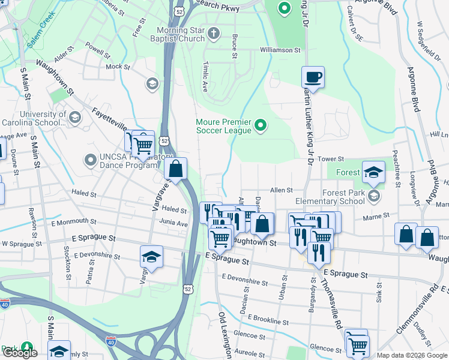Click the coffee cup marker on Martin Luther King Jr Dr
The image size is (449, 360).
pos(313,77)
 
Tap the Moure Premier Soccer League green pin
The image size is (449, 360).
pos(260,125)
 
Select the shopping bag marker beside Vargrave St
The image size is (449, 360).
pos(175,169)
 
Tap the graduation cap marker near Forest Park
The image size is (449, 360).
pos(373,172)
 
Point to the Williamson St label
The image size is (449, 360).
pos(280,50)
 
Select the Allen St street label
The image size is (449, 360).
pos(281,190)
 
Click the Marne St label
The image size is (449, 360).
pos(378,214)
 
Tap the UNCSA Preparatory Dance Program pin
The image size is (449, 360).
pos(90,160)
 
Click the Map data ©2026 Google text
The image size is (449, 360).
pos(411,355)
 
